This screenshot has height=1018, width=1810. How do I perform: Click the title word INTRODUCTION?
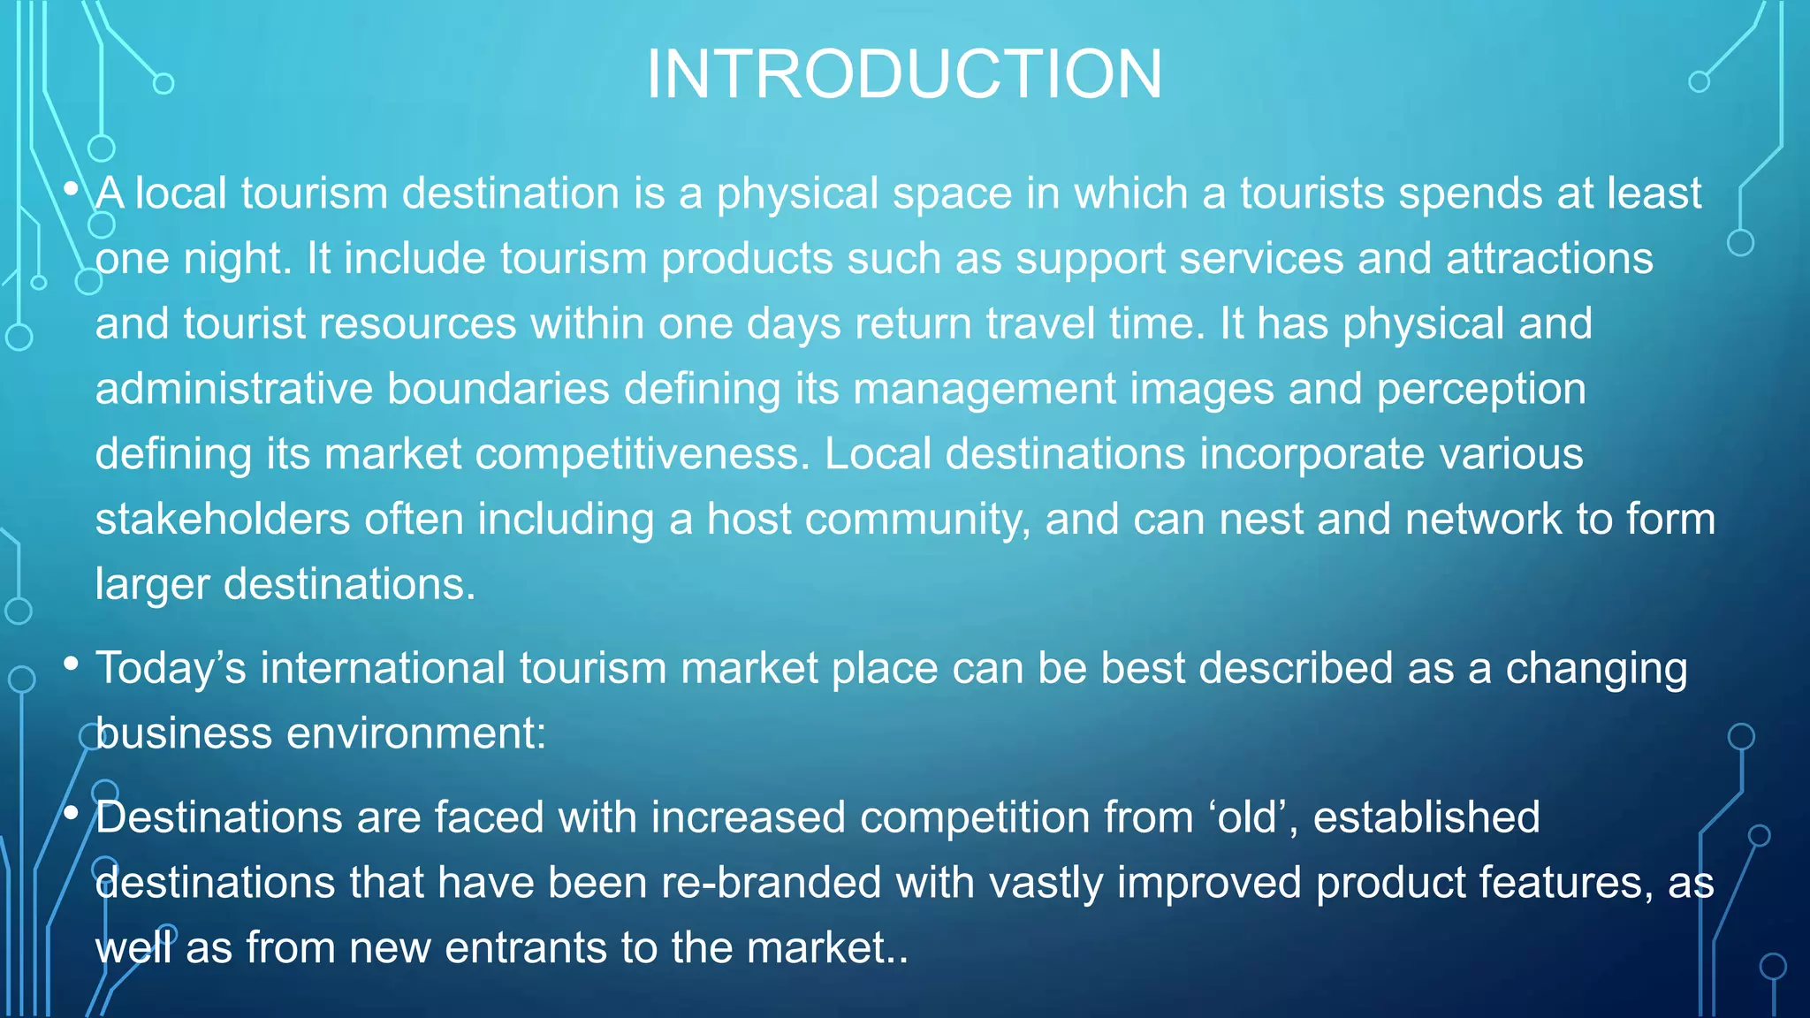pyautogui.click(x=904, y=74)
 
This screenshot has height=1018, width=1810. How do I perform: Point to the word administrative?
pyautogui.click(x=234, y=389)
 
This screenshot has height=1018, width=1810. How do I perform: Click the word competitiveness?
pyautogui.click(x=643, y=454)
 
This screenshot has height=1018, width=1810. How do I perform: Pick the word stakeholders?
pyautogui.click(x=223, y=520)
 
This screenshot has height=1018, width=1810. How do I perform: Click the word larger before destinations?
pyautogui.click(x=152, y=585)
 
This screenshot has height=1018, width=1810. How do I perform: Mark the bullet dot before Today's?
pyautogui.click(x=72, y=663)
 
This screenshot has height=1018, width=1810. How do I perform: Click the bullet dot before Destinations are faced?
pyautogui.click(x=72, y=812)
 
